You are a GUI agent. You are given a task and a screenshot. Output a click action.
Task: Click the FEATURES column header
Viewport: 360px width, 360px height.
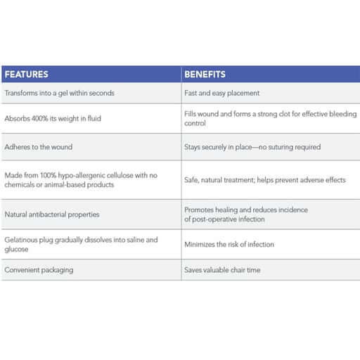click(26, 74)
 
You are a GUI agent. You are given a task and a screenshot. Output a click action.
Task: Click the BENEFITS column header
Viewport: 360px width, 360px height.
click(205, 74)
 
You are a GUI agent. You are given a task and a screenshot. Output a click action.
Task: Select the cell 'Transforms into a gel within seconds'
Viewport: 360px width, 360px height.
click(59, 93)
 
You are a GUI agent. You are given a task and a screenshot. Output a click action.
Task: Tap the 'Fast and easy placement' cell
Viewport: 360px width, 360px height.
click(222, 93)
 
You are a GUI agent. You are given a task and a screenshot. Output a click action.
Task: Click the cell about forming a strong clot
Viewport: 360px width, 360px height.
click(271, 118)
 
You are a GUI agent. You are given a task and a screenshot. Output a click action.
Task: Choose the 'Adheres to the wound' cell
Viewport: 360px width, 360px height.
click(38, 147)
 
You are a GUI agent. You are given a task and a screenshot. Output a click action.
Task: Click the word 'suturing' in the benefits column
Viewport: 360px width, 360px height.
click(281, 147)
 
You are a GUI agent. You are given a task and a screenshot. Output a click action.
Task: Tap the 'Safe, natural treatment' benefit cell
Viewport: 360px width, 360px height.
click(265, 180)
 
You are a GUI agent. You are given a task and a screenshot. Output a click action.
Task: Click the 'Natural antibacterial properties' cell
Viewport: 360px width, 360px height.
click(52, 214)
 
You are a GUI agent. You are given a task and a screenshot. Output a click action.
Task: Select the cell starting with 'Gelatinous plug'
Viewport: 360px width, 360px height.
click(81, 244)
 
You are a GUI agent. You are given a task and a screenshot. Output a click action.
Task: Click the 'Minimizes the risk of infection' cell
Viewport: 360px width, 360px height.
click(229, 245)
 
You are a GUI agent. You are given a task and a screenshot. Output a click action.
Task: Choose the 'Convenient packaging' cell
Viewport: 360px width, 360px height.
click(39, 269)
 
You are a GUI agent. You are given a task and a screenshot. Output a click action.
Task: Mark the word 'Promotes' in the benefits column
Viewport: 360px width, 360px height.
click(199, 210)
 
